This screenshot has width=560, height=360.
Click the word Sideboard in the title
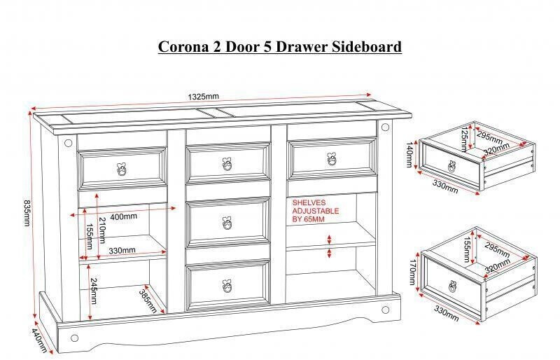367,47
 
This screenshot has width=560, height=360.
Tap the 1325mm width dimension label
203,97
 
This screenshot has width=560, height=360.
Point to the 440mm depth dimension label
40,340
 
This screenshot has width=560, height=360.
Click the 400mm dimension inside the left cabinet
124,216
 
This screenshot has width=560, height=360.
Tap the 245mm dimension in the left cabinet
93,291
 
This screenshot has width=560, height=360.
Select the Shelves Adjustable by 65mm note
316,211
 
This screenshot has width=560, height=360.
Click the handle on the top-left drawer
121,169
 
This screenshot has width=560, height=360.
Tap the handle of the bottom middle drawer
227,286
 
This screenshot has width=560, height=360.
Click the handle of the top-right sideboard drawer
332,160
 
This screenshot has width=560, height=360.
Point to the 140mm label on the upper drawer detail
409,155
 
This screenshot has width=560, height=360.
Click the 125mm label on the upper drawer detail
464,139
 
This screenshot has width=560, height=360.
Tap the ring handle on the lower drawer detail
453,286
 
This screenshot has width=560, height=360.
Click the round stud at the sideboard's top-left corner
68,143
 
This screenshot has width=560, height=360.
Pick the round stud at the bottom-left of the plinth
74,338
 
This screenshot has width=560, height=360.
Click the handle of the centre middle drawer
227,223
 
